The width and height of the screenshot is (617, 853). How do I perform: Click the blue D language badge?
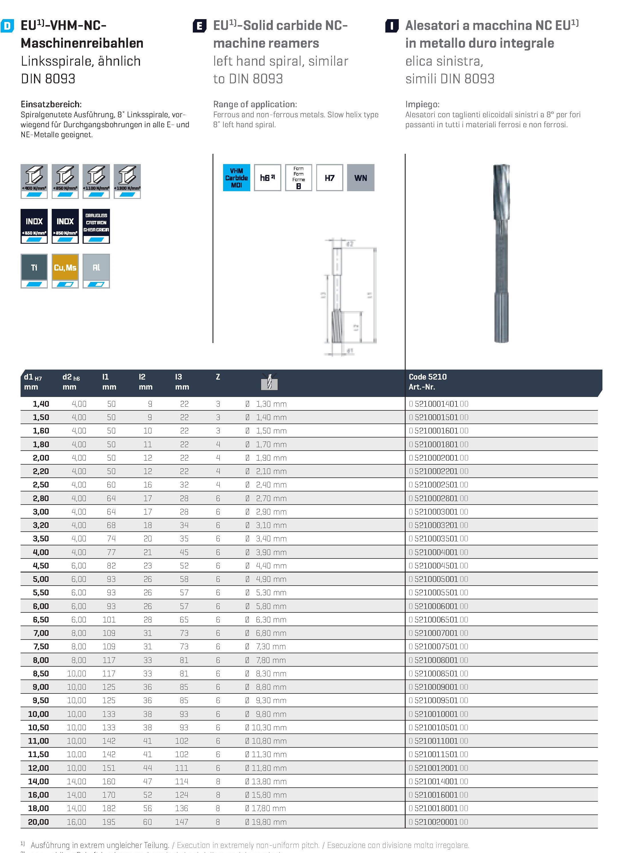click(x=7, y=26)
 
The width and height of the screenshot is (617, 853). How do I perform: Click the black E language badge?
click(x=199, y=26)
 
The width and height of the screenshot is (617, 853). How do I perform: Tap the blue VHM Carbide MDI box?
click(x=237, y=178)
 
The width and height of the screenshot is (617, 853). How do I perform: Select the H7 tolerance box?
click(x=329, y=178)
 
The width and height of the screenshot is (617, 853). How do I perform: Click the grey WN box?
click(x=360, y=178)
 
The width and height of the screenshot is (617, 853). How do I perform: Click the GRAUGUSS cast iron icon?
click(x=96, y=226)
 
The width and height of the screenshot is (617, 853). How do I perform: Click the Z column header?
click(x=218, y=377)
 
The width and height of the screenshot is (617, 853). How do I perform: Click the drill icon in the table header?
click(x=269, y=382)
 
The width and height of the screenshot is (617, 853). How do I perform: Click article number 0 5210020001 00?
click(x=438, y=822)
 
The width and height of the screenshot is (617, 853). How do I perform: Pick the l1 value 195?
click(x=109, y=822)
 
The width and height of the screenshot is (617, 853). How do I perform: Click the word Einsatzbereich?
click(x=51, y=104)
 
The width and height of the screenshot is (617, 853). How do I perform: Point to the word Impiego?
click(x=422, y=104)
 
